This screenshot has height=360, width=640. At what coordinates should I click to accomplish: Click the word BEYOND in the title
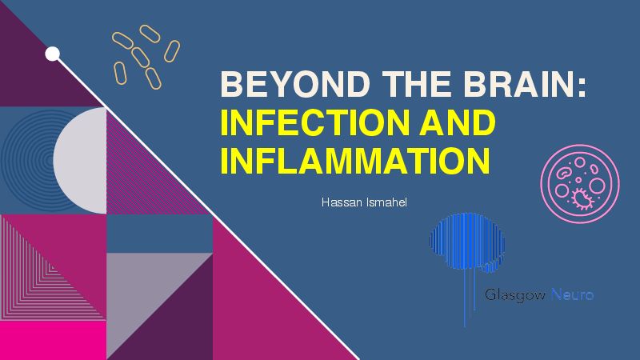point(295,84)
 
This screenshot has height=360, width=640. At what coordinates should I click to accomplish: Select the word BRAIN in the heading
point(519,84)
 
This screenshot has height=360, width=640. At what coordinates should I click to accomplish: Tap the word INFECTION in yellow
point(314,122)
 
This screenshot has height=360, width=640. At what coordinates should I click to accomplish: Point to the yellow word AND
point(457,122)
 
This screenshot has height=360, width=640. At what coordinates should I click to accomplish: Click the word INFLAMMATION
point(355,161)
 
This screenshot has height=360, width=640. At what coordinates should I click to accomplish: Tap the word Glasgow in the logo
point(515,294)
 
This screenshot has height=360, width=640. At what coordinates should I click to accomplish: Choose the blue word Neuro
point(572,294)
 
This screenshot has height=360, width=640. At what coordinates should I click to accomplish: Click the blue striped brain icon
point(467,245)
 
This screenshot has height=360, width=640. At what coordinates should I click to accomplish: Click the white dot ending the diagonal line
point(52,54)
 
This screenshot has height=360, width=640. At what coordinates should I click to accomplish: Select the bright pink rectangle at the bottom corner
point(53,341)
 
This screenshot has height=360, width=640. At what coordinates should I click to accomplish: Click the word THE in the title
point(417,84)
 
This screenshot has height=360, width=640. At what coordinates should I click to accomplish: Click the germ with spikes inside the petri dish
point(582,198)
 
